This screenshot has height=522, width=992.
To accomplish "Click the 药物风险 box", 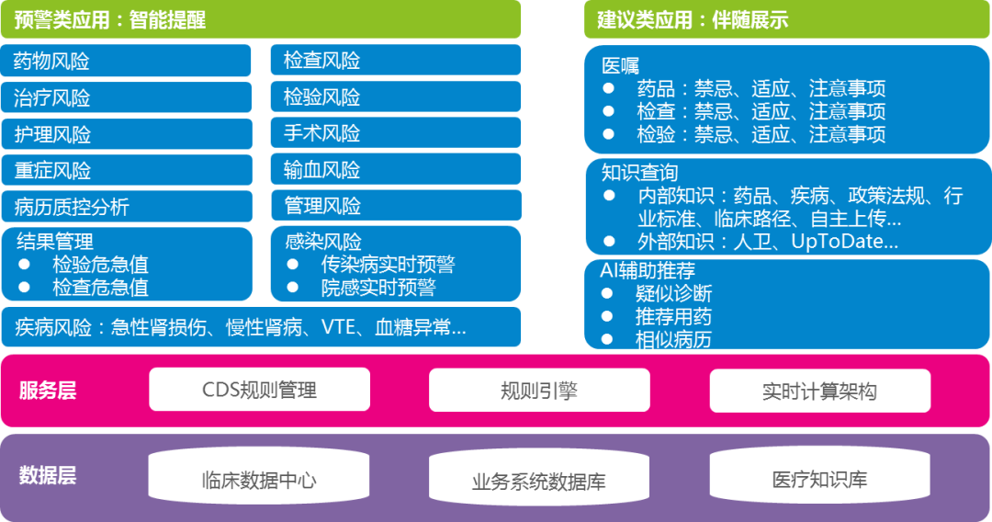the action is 126,61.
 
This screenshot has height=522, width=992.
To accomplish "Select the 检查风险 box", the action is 396,60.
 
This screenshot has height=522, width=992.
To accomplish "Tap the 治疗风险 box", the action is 127,97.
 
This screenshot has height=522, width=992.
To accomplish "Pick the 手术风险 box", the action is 396,133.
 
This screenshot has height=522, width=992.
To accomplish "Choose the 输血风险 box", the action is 396,170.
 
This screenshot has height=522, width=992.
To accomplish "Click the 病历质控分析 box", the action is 127,206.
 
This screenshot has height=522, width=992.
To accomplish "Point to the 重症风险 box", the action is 127,170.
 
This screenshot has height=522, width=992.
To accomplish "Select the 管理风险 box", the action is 396,206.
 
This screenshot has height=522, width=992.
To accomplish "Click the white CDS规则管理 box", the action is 259,390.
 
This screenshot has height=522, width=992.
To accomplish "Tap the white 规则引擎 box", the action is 539,391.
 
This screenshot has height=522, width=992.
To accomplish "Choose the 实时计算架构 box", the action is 820,391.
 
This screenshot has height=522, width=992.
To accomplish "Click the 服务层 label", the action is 48,391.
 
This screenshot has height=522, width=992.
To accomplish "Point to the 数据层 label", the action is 48,474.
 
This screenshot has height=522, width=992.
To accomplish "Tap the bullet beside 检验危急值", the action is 24,264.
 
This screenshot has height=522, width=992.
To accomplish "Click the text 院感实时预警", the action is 378,288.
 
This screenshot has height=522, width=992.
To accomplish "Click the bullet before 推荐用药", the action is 607,316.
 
